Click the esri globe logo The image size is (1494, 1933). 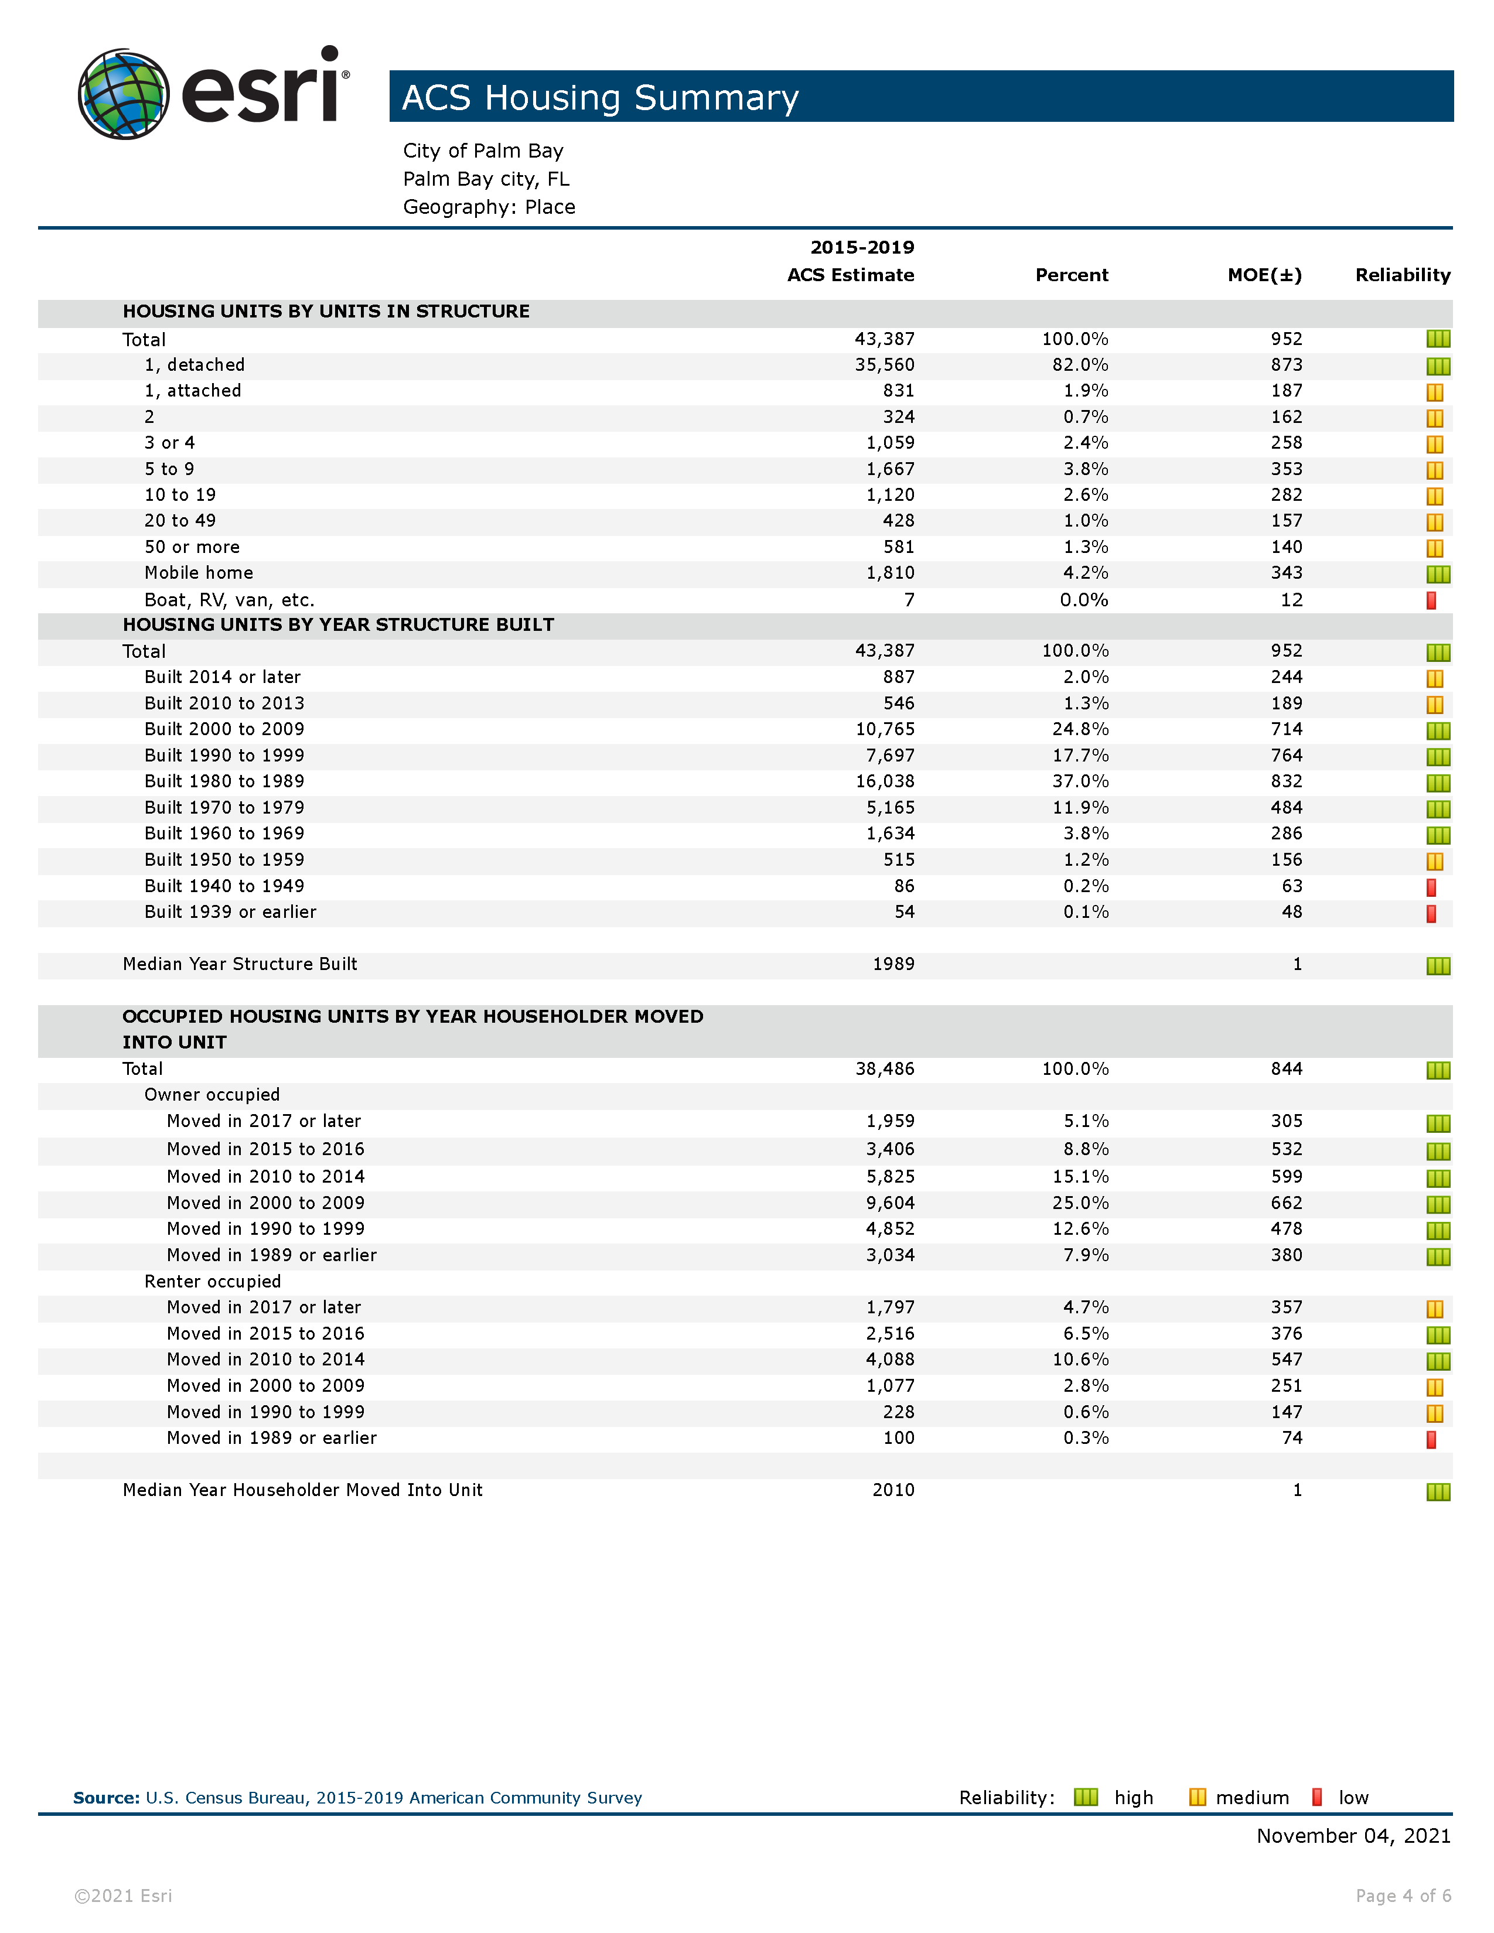pos(123,94)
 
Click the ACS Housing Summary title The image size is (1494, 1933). pos(600,97)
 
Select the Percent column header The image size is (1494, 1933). pos(1071,275)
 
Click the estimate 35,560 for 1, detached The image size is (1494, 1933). pos(884,366)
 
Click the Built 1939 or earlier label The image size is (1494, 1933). pos(230,913)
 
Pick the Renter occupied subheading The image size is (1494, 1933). pos(213,1282)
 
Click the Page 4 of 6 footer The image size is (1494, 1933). pos(1403,1896)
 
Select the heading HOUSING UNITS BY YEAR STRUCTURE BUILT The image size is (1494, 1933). pos(338,625)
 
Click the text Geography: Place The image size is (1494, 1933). pos(489,207)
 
